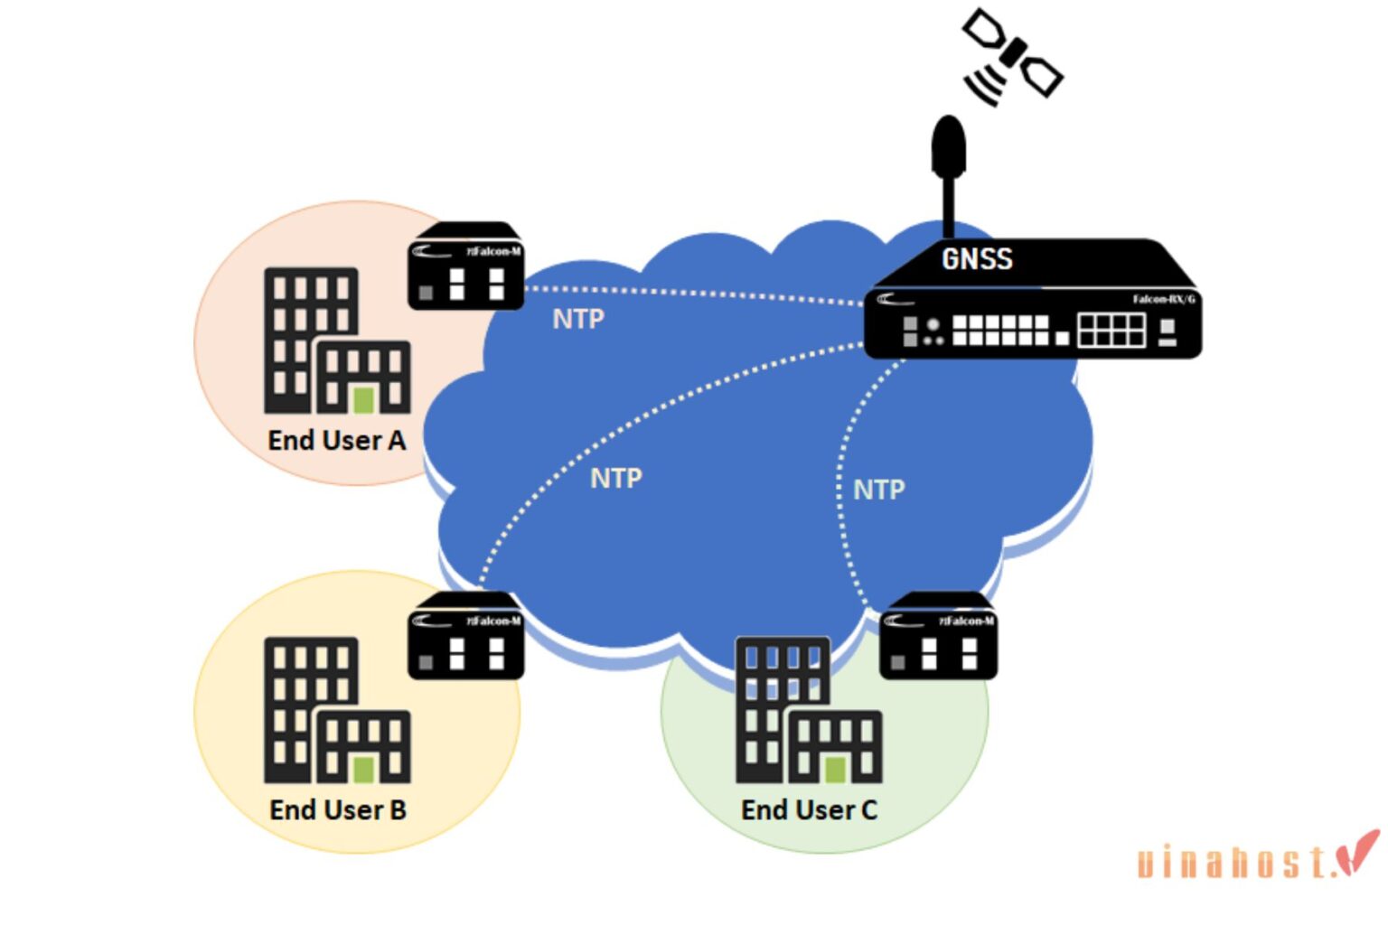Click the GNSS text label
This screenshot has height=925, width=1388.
click(x=977, y=259)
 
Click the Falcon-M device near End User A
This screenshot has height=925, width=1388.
click(x=465, y=268)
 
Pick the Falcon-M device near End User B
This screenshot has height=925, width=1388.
click(x=465, y=638)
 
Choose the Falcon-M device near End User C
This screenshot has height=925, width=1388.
click(x=938, y=638)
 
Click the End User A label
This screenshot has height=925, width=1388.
click(x=337, y=441)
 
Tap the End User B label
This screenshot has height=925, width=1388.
click(x=338, y=810)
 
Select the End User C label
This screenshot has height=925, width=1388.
click(x=809, y=810)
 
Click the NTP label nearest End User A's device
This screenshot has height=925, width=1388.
click(x=578, y=319)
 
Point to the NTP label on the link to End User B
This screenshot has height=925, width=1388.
click(x=616, y=478)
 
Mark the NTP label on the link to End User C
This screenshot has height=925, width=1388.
click(x=878, y=490)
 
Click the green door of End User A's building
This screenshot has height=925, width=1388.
click(x=364, y=399)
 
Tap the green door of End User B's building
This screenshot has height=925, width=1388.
click(x=364, y=769)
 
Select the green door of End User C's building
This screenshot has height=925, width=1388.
click(x=836, y=769)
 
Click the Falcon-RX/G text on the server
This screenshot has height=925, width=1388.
click(x=1164, y=299)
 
